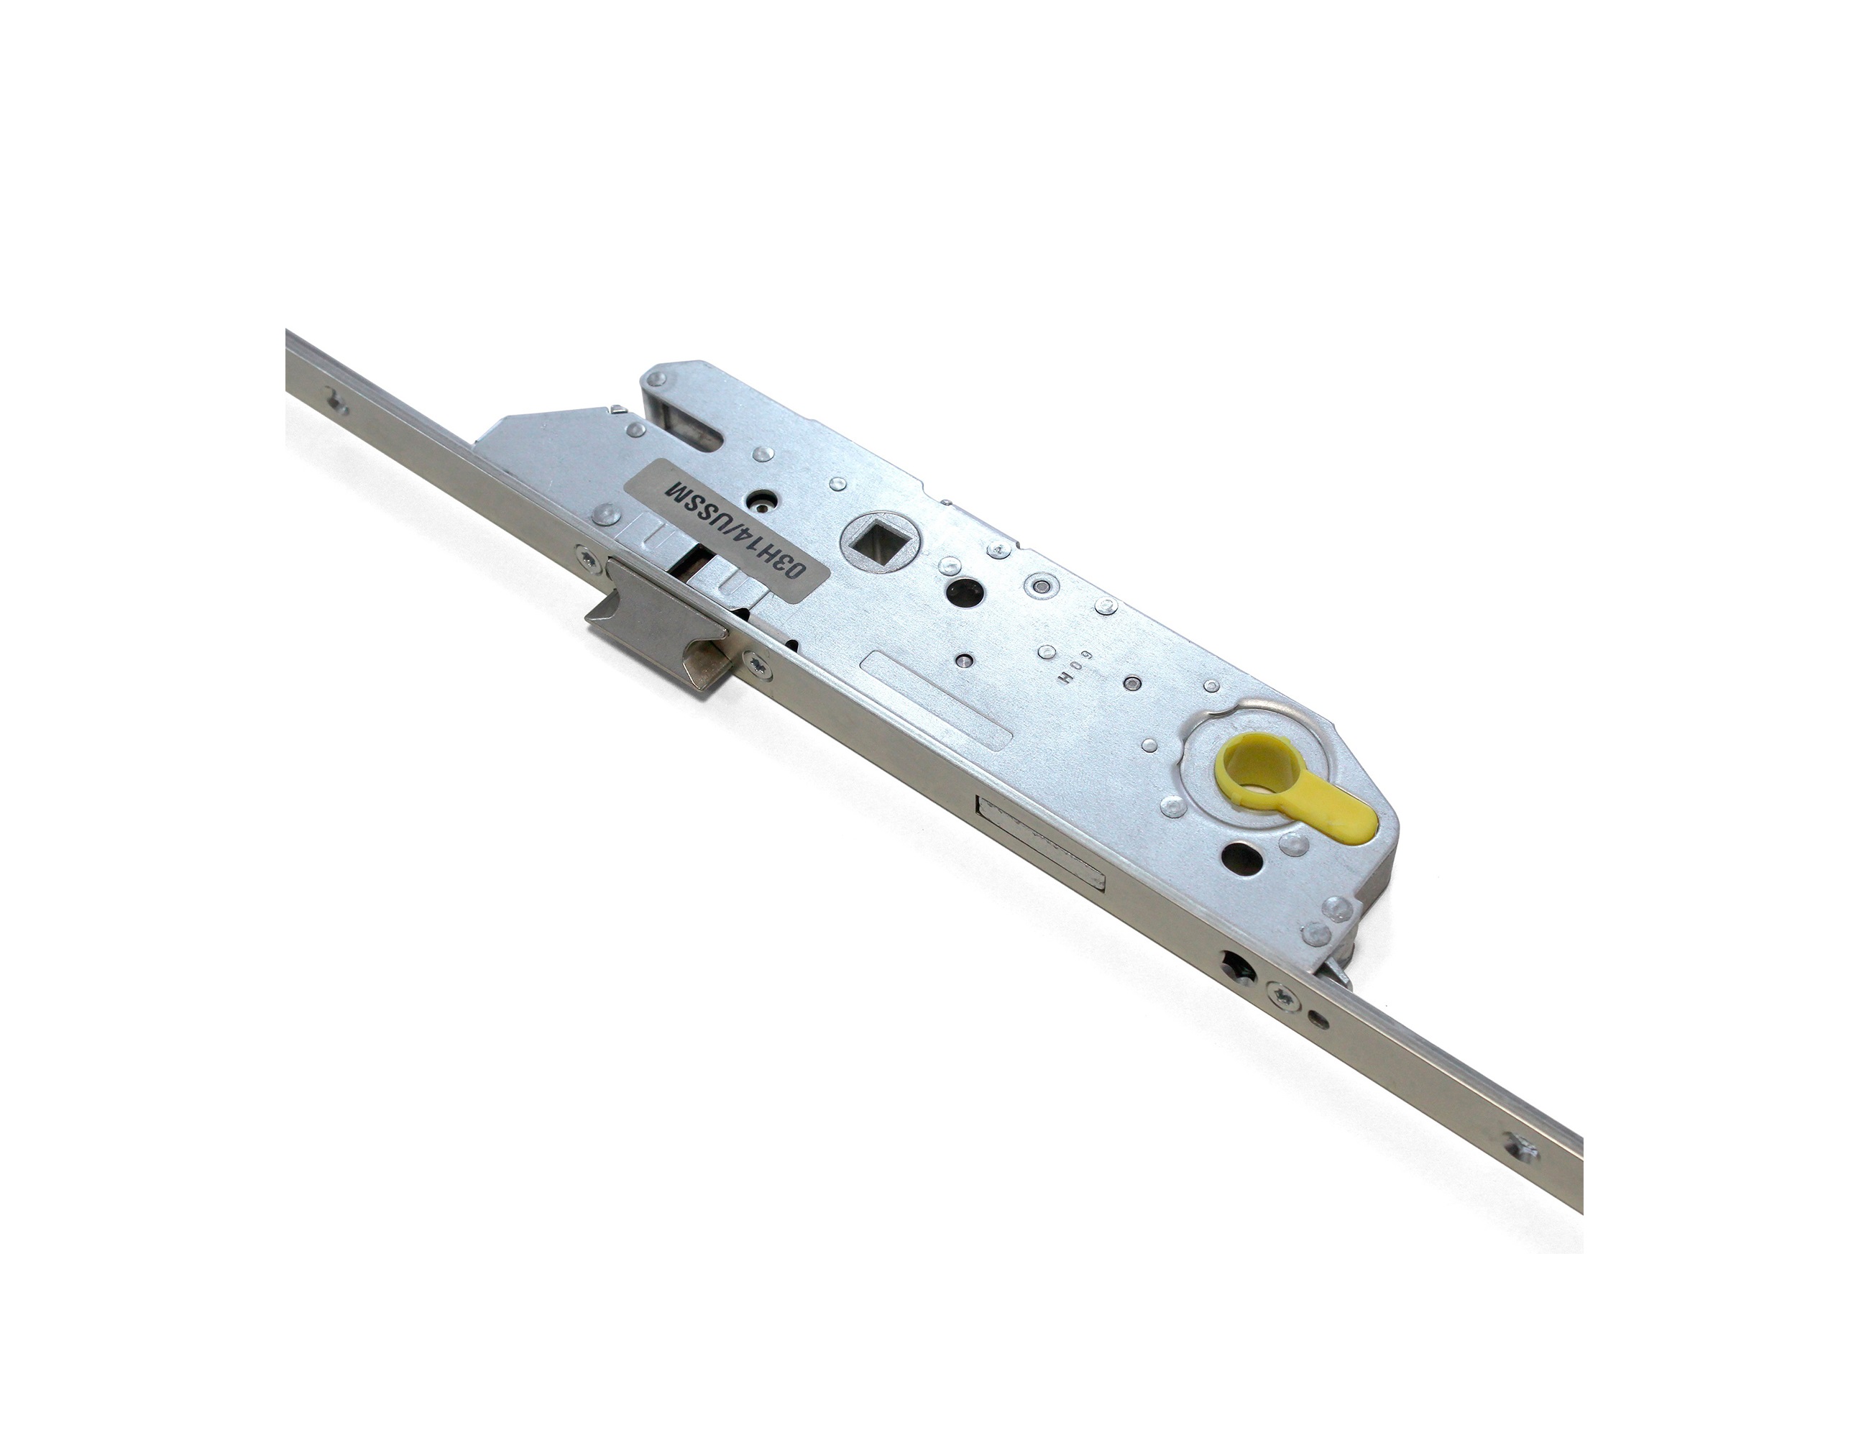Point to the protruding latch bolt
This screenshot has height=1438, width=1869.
coord(654,625)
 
